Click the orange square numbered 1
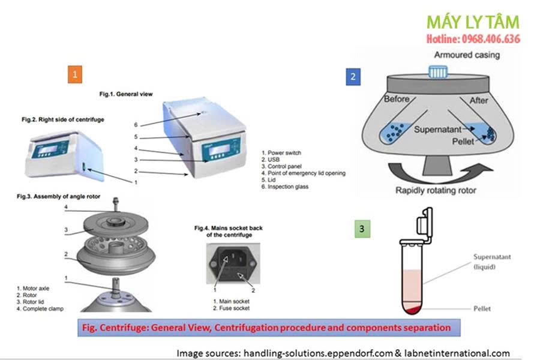pyautogui.click(x=75, y=74)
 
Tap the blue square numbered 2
pyautogui.click(x=353, y=76)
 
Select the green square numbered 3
pyautogui.click(x=361, y=229)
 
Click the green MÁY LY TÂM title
pyautogui.click(x=473, y=23)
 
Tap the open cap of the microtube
pyautogui.click(x=427, y=223)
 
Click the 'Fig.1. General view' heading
pyautogui.click(x=126, y=94)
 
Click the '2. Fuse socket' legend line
pyautogui.click(x=232, y=308)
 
